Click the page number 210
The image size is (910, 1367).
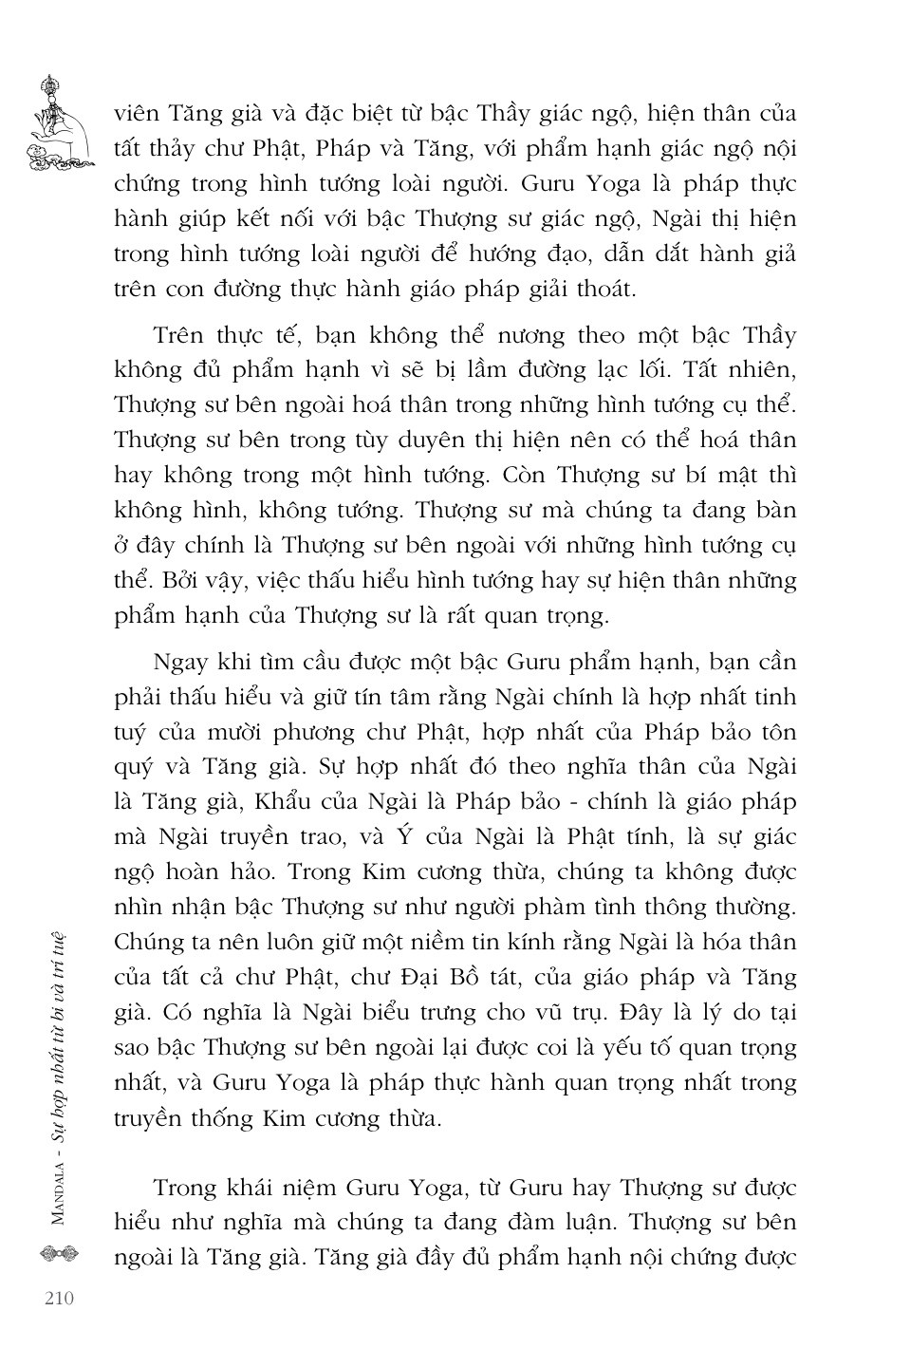click(59, 1298)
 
